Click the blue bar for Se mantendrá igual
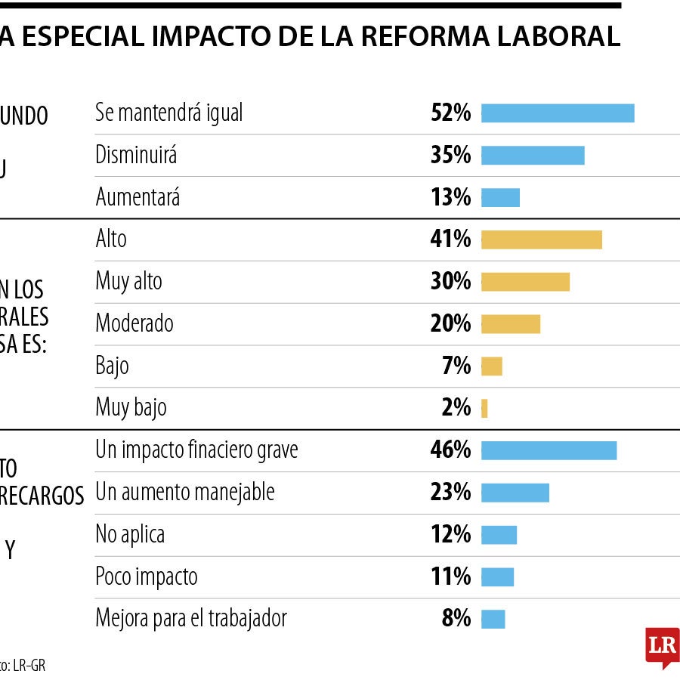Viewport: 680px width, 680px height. point(558,113)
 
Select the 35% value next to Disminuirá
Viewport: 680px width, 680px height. point(450,156)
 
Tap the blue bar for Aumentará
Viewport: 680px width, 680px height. point(500,198)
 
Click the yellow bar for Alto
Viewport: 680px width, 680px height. point(541,240)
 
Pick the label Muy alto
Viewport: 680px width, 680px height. point(128,282)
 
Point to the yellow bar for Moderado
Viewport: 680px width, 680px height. point(510,324)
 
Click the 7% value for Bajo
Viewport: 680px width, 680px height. point(456,366)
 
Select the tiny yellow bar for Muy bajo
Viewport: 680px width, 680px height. point(484,409)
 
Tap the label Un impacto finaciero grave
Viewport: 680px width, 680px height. point(196,450)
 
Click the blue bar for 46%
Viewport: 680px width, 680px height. point(549,450)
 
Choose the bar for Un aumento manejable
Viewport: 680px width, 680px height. point(515,493)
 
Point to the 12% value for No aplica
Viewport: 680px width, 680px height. point(451,535)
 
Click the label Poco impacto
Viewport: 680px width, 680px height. point(146,577)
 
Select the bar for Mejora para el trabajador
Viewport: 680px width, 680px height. point(493,620)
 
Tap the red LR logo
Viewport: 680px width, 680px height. point(662,646)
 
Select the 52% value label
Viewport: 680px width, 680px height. point(450,113)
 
